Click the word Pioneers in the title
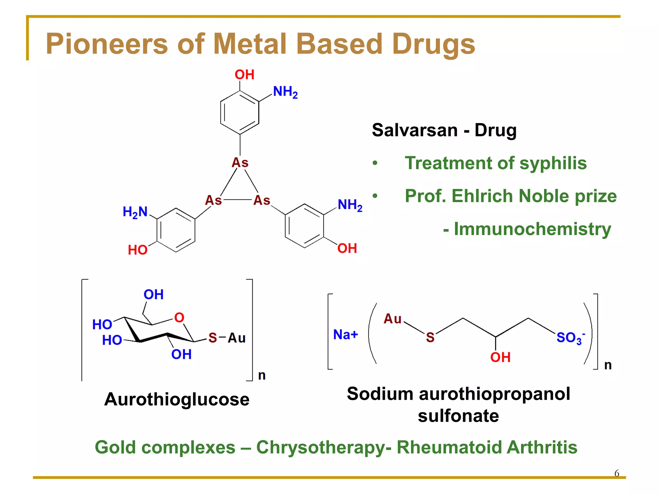[107, 44]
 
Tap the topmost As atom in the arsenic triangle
[240, 162]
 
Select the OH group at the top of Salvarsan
[245, 75]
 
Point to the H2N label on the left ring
[135, 212]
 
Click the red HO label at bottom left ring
[138, 250]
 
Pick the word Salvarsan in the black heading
[415, 130]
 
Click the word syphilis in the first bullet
[553, 163]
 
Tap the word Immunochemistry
[532, 229]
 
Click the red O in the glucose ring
[179, 318]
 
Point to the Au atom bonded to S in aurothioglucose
[237, 338]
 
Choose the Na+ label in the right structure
[346, 334]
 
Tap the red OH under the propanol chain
[500, 357]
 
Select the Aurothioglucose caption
[177, 399]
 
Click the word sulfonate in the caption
[458, 416]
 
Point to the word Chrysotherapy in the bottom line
[323, 447]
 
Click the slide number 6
[617, 473]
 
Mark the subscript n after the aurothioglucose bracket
[262, 375]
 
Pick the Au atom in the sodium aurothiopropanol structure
[393, 319]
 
